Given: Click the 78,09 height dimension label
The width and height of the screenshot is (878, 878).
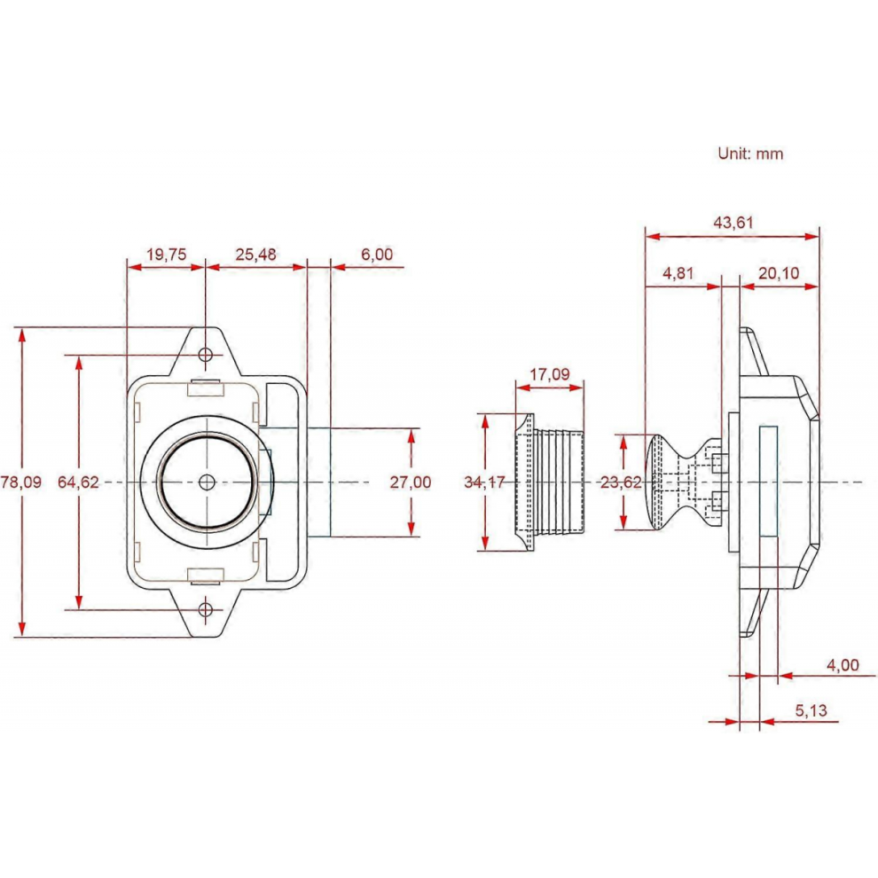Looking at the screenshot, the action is tap(20, 482).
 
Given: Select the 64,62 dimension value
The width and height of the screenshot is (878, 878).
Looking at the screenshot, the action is tap(78, 482).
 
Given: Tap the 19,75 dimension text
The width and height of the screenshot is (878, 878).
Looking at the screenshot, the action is tap(167, 255).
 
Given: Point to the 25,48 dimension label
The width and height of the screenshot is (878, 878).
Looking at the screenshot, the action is tap(256, 255).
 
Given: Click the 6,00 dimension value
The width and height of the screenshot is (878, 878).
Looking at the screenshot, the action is tap(377, 255).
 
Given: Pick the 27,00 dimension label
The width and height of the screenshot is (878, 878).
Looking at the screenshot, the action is tap(411, 482).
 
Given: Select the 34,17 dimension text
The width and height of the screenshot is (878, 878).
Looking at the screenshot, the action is tap(485, 482).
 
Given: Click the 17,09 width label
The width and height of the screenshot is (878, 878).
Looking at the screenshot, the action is tap(549, 374).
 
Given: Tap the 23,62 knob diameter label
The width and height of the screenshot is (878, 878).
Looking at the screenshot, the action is tap(621, 482).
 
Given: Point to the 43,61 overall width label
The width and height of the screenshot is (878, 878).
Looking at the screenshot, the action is tap(733, 223).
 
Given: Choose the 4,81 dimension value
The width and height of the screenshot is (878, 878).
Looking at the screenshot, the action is tap(678, 273).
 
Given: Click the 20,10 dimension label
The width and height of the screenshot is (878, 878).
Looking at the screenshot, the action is tap(779, 273).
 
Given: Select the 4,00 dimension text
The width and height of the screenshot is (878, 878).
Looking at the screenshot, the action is tap(843, 664).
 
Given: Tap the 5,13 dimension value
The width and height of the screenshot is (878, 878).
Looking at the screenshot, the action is tap(811, 710).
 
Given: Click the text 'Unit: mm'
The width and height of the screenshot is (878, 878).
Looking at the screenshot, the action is tap(750, 153).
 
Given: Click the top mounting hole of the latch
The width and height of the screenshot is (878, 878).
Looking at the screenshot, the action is tap(206, 355).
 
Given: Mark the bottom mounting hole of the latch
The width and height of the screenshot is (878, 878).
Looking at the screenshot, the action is tap(206, 609).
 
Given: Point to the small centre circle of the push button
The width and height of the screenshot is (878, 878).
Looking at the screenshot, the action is tap(208, 482).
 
